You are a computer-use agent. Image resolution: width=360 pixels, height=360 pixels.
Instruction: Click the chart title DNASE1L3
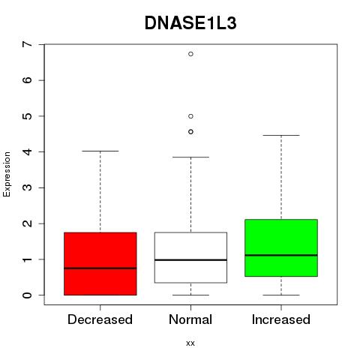190,23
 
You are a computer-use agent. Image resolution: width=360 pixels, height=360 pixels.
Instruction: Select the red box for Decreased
100,264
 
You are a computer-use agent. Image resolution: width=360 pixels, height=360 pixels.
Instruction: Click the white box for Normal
190,257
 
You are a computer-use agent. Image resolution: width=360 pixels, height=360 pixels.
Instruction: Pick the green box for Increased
281,247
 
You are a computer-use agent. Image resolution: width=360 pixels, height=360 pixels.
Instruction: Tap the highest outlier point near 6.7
190,54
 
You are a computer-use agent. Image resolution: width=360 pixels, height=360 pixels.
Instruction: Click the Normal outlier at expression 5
190,116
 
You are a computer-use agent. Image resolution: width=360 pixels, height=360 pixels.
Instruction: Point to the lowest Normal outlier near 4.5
190,132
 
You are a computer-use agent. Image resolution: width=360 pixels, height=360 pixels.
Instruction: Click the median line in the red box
100,268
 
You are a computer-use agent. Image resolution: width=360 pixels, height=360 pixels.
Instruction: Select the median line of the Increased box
281,255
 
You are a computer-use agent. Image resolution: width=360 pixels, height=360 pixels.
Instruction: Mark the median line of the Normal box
190,260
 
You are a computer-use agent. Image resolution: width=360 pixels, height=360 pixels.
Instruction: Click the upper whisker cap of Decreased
100,151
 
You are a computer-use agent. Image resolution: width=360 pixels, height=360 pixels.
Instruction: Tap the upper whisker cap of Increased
281,135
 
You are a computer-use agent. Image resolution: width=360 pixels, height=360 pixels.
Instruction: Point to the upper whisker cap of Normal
190,157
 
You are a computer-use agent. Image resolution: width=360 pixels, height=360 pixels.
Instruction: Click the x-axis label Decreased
100,319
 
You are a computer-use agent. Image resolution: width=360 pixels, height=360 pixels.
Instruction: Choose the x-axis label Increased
281,319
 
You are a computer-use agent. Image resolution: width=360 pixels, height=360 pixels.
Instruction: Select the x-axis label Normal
190,319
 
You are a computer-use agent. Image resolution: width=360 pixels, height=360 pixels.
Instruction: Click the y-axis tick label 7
28,44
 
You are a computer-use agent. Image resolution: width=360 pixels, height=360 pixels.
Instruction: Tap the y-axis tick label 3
28,187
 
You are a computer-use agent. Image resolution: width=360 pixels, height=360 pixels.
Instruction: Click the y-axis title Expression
7,174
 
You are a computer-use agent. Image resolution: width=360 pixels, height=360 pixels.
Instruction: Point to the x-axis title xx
190,343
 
